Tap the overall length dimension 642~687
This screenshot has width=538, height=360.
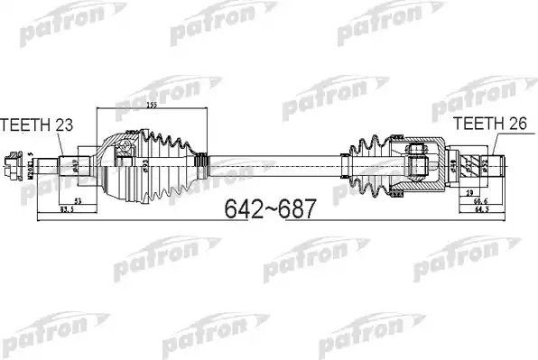click(x=268, y=210)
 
